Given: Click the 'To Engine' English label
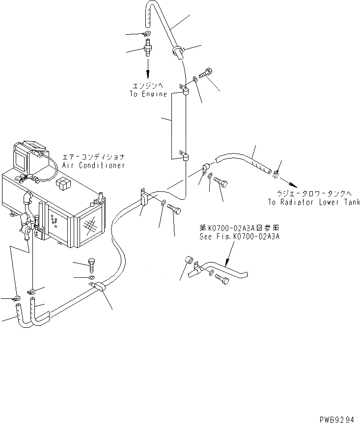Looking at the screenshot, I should coord(148,94).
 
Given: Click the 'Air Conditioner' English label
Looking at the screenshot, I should coord(93,165).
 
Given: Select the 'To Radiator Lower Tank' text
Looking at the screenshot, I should coord(314,202).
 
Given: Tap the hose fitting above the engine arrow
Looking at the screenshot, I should coord(147,50).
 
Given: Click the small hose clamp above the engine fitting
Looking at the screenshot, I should coord(146,33).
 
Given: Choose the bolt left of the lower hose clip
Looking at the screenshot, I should coord(92,265).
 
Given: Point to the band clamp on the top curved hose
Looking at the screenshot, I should coord(177,51).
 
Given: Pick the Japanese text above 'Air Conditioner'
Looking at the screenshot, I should coord(93,157).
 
